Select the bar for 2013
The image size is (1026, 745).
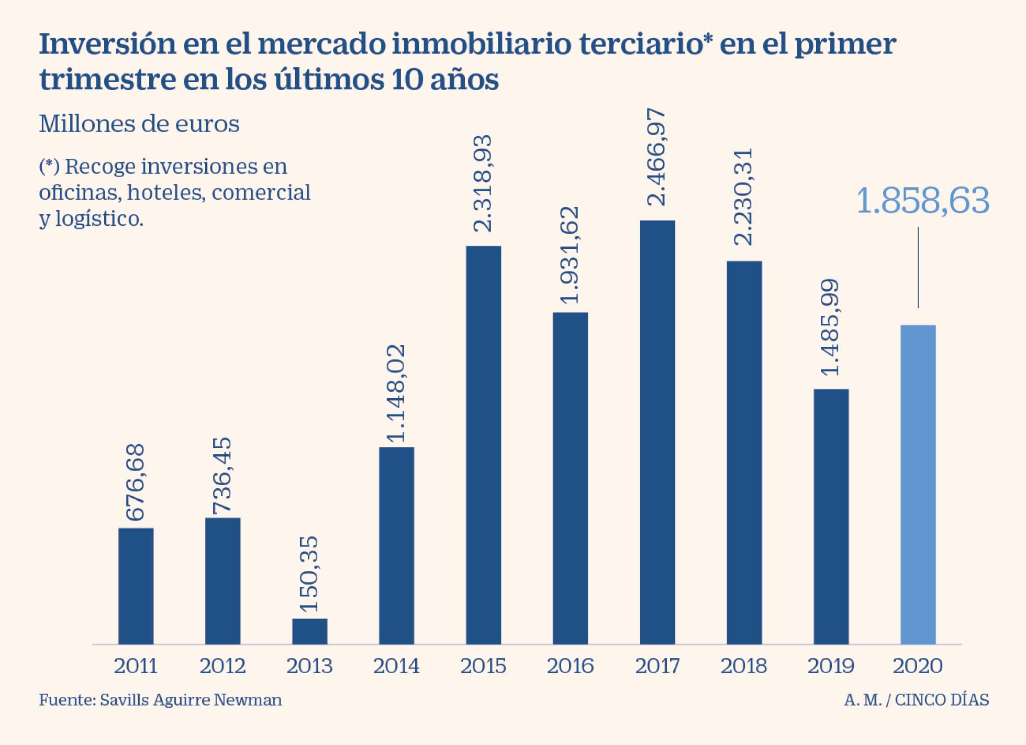pyautogui.click(x=309, y=631)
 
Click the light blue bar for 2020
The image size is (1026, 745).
pyautogui.click(x=918, y=485)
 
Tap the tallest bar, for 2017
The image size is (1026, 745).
pyautogui.click(x=657, y=432)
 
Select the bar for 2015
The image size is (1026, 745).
pyautogui.click(x=483, y=445)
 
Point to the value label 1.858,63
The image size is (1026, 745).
pyautogui.click(x=922, y=201)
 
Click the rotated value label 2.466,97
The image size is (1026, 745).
pyautogui.click(x=656, y=157)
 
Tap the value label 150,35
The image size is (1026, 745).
pyautogui.click(x=309, y=574)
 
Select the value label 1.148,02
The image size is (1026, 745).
pyautogui.click(x=396, y=393)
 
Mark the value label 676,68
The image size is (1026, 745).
pyautogui.click(x=136, y=482)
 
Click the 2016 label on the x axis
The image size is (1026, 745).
pyautogui.click(x=570, y=666)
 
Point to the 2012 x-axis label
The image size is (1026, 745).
pyautogui.click(x=222, y=666)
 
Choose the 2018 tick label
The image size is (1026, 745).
pyautogui.click(x=743, y=666)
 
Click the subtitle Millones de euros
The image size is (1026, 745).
pyautogui.click(x=139, y=124)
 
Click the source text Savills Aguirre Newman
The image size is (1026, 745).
pyautogui.click(x=191, y=700)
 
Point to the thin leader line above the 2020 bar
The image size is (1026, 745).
pyautogui.click(x=918, y=267)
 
